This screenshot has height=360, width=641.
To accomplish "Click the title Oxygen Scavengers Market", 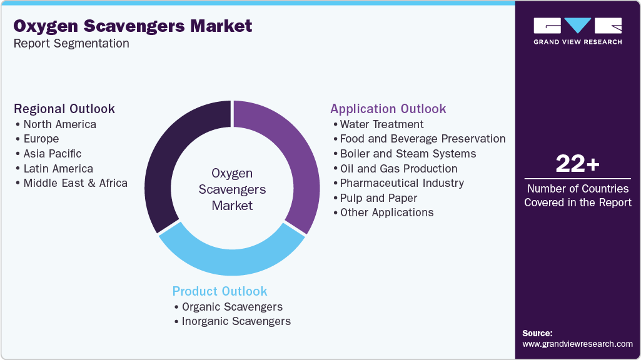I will click(x=133, y=26).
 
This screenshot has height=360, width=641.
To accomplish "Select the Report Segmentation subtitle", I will click(x=71, y=43).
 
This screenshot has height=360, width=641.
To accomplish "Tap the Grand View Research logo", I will click(x=577, y=31).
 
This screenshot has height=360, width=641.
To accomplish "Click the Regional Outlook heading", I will click(x=64, y=108).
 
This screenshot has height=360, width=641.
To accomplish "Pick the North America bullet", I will click(x=59, y=124).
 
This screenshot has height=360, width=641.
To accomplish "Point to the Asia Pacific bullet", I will click(x=52, y=154).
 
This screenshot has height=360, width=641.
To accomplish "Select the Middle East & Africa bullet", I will click(x=75, y=183).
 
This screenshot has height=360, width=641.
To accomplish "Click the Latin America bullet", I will click(x=58, y=169).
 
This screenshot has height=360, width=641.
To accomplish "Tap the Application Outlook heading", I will click(x=388, y=108).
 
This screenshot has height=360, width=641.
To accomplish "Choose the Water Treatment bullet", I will click(x=381, y=124).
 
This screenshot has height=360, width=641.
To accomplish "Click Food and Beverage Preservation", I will click(x=422, y=139).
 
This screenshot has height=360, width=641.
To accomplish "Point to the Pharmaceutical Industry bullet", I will click(x=401, y=183).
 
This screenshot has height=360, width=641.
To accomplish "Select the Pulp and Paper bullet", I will click(x=378, y=198).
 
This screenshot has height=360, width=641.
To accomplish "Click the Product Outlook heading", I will click(x=220, y=291).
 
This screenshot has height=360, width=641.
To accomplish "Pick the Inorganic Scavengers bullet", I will click(x=236, y=321).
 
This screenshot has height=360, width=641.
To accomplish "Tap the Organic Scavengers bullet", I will click(x=232, y=307).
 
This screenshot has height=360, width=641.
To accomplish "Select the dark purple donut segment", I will click(x=166, y=156).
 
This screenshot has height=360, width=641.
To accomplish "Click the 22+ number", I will click(x=577, y=164).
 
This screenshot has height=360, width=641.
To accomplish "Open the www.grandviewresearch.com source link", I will click(x=577, y=344).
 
